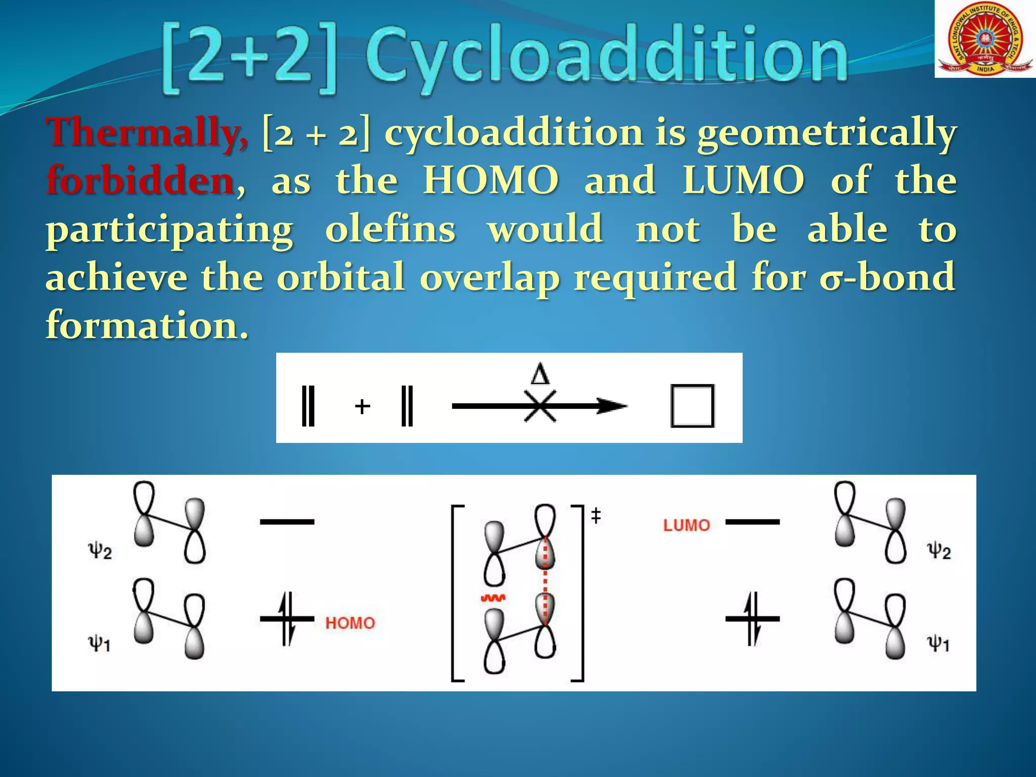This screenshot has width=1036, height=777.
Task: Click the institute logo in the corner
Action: (x=984, y=39)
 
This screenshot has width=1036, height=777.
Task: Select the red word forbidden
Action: (x=140, y=181)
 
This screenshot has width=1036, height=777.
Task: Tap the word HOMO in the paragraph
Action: (x=491, y=181)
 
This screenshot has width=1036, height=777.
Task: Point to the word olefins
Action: (x=390, y=229)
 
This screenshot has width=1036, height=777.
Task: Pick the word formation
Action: (x=147, y=325)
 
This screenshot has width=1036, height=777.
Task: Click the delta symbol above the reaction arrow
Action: (x=540, y=375)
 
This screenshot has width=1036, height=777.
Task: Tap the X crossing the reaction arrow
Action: (x=540, y=406)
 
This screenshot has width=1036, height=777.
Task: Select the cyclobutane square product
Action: (x=692, y=406)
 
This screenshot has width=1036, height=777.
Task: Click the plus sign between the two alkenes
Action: (x=362, y=406)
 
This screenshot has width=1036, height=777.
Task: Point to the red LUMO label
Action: (x=686, y=526)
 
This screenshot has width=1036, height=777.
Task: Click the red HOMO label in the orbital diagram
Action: (x=350, y=623)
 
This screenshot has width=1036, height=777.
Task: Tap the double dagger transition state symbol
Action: (x=596, y=516)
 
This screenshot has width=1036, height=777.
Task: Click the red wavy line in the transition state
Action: (x=493, y=599)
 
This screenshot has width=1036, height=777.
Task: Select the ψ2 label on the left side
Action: (x=100, y=550)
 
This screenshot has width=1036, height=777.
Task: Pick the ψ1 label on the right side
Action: (x=938, y=644)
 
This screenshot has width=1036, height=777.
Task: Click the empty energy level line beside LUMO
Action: (x=752, y=522)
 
